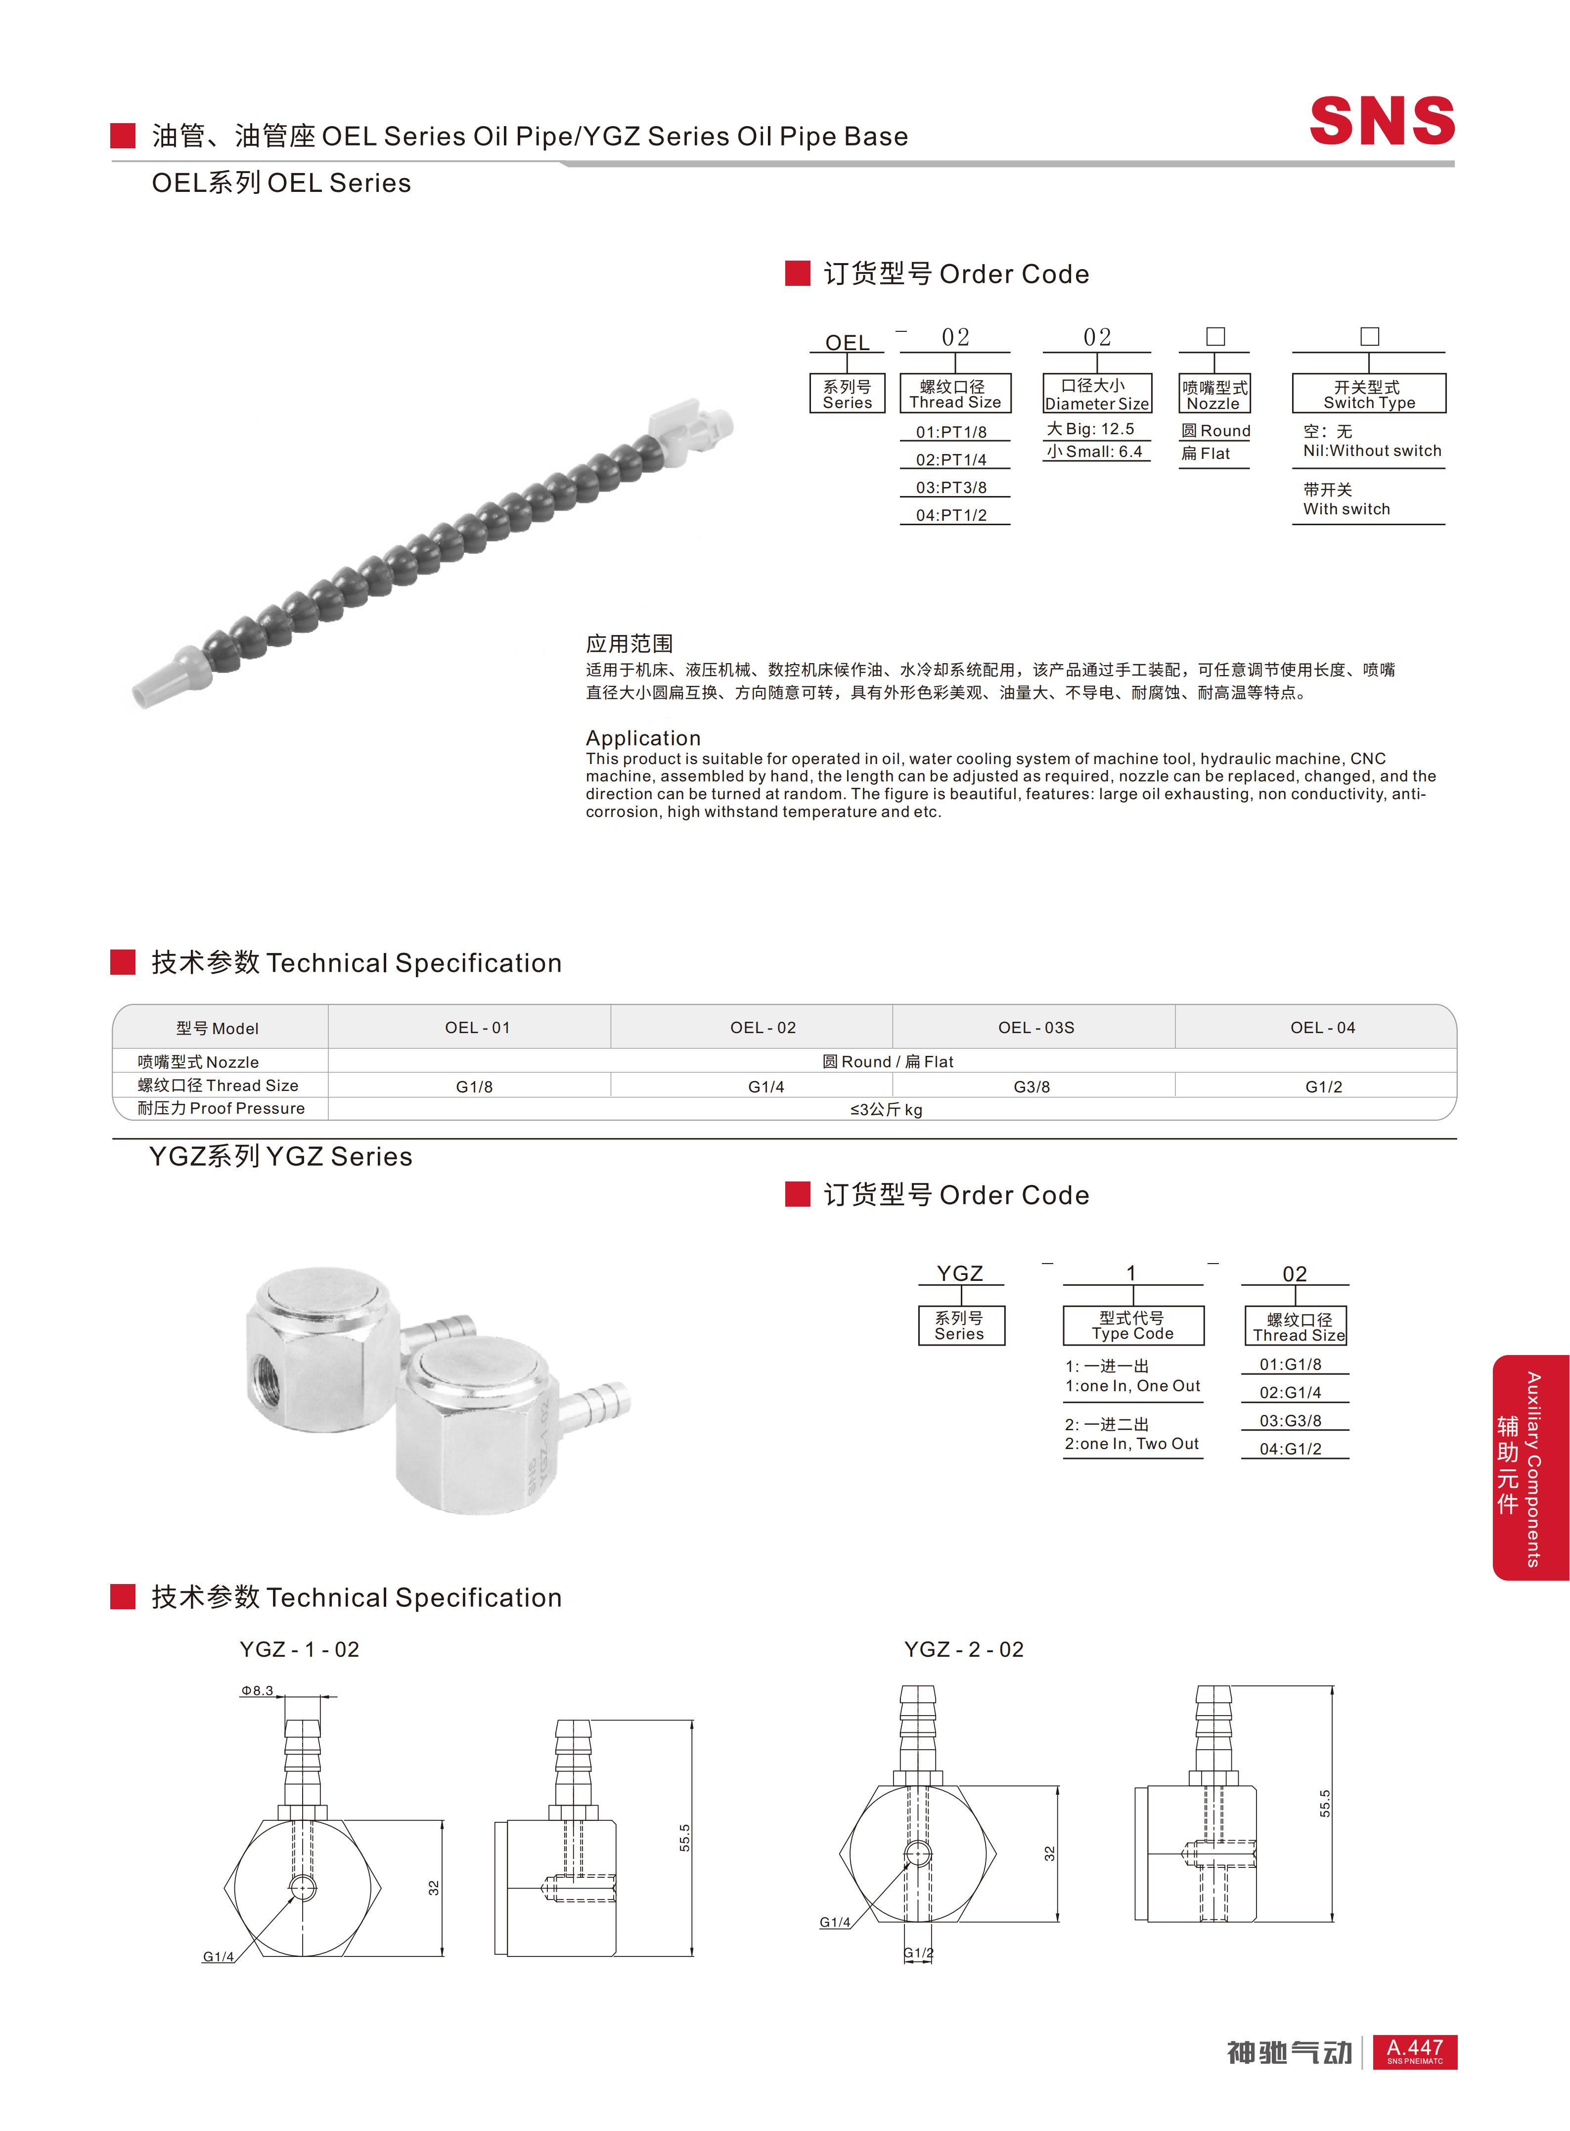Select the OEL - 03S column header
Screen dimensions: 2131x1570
click(1036, 1028)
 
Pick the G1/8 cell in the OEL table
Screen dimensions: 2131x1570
click(474, 1087)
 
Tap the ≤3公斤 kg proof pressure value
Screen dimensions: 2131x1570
click(886, 1109)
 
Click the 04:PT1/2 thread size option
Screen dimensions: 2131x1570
click(951, 515)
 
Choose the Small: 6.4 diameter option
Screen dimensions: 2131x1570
click(1095, 452)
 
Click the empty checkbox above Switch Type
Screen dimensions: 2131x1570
click(1369, 336)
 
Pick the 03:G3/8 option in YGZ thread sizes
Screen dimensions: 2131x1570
click(1291, 1420)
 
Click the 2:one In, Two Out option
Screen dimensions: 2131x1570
click(1131, 1444)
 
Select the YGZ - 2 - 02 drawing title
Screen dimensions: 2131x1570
click(964, 1649)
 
